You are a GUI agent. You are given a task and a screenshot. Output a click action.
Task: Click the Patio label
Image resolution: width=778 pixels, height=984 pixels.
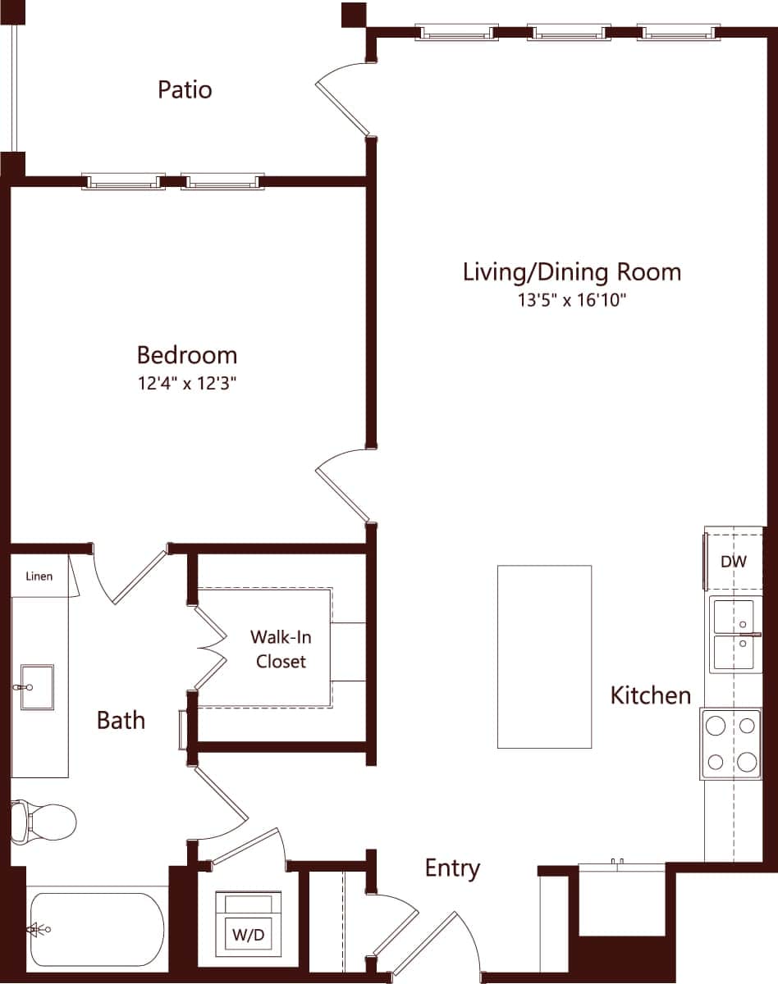(185, 89)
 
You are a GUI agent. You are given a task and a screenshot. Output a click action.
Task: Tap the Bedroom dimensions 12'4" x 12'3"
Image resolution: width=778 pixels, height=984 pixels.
(187, 383)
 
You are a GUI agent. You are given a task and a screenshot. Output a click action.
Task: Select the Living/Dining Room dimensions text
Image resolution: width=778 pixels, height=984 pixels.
(572, 300)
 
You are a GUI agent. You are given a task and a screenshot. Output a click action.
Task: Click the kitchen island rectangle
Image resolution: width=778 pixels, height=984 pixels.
(544, 656)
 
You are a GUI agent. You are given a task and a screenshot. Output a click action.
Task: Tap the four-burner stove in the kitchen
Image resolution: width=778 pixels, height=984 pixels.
(730, 744)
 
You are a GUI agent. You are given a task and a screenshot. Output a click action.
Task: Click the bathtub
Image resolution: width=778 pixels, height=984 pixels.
(97, 930)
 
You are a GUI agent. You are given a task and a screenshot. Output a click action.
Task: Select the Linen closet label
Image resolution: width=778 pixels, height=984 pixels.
(39, 576)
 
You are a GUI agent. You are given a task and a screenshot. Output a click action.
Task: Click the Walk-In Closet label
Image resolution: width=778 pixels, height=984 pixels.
(281, 649)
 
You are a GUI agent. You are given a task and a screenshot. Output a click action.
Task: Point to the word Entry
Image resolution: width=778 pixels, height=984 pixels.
(452, 868)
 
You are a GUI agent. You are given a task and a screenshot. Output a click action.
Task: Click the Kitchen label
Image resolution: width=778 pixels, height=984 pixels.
(651, 695)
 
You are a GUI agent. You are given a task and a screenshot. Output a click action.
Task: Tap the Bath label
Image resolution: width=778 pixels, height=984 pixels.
(121, 720)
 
